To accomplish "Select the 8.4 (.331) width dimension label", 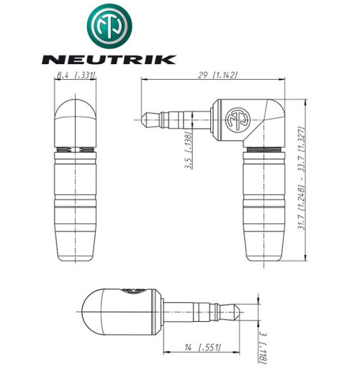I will (x=77, y=74).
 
